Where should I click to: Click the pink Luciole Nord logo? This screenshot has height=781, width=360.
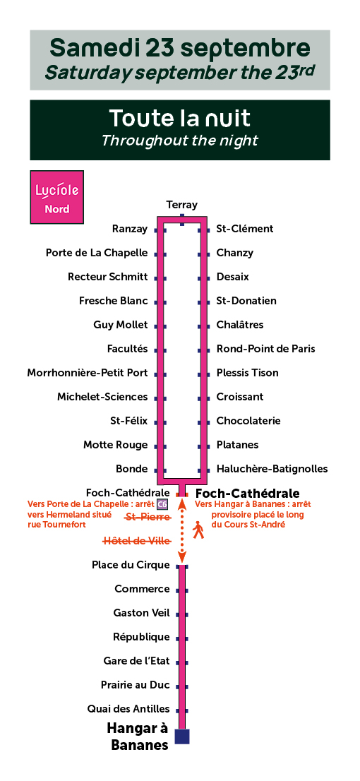56,197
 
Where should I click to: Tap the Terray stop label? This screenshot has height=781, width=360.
181,205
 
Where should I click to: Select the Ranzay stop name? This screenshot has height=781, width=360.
130,229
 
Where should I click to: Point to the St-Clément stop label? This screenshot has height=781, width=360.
244,229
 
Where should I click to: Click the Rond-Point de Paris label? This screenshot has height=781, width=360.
266,349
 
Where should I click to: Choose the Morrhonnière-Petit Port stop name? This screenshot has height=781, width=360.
88,373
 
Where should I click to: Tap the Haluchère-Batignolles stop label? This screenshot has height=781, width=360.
272,469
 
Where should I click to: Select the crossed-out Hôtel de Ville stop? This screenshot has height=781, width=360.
137,541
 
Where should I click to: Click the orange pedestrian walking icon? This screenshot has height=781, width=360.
199,530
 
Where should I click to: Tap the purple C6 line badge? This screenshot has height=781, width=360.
162,504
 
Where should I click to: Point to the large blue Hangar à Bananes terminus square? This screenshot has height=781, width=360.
182,737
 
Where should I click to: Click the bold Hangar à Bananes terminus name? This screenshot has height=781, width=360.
138,737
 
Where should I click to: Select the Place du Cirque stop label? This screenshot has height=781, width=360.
131,565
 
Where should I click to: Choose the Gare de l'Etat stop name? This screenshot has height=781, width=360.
137,661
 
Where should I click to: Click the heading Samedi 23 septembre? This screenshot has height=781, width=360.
180,49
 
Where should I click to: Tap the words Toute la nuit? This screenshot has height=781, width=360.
180,119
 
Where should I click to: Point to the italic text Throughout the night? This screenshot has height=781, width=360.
180,141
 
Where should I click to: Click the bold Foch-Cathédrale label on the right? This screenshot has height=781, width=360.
248,494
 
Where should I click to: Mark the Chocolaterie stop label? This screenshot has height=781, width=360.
248,421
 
